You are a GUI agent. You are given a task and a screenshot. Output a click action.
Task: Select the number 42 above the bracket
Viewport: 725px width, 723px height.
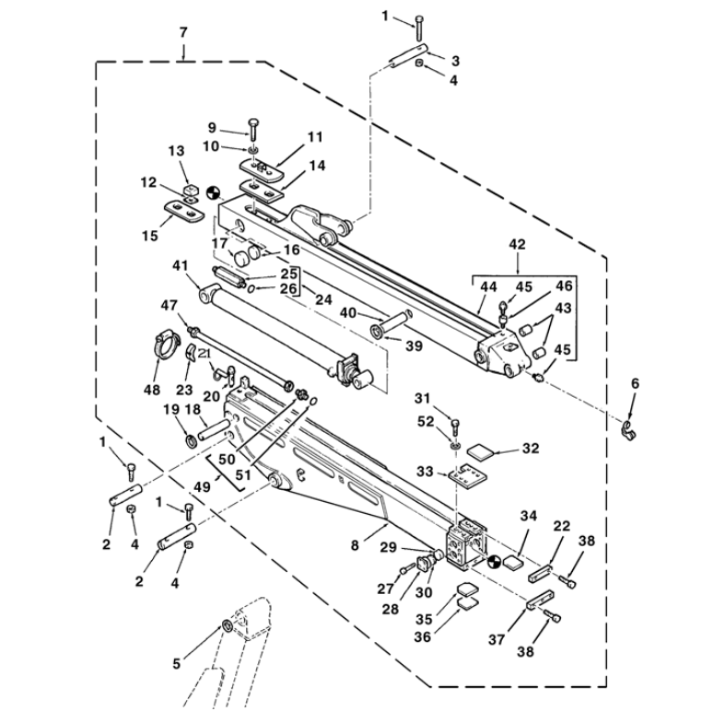[x=518, y=245]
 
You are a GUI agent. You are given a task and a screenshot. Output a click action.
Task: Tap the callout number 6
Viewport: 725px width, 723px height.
[x=634, y=383]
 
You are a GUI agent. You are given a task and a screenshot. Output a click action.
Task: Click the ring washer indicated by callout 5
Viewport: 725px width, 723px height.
[x=227, y=628]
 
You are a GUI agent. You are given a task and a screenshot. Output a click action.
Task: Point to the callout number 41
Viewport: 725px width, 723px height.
[x=180, y=266]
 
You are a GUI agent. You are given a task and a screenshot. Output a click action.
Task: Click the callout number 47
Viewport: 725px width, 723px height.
[x=169, y=305]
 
